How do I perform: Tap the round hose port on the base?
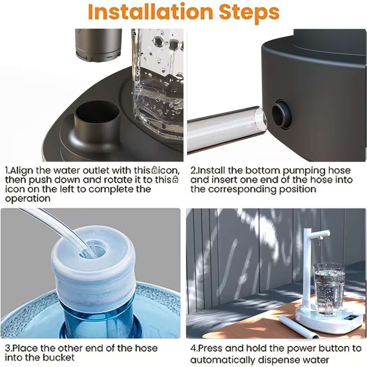pyautogui.click(x=281, y=115)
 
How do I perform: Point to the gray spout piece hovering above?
pyautogui.click(x=99, y=45)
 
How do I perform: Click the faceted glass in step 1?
pyautogui.click(x=158, y=82)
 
